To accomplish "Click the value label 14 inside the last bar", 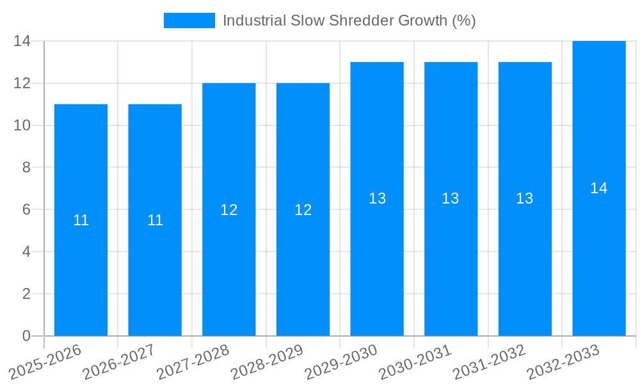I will click(598, 188).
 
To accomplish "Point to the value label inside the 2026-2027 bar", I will click(155, 220).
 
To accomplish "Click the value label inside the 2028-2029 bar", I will click(303, 210).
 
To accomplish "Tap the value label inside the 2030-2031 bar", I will click(451, 198).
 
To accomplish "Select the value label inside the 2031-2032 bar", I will click(525, 198).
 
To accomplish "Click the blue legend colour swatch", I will click(189, 20).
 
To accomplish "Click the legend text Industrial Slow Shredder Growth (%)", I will click(349, 20).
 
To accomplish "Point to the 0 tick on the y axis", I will click(26, 336).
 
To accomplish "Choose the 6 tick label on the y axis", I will click(26, 209).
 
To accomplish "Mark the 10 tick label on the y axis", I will click(22, 125).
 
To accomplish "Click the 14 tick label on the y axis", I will click(22, 41).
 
